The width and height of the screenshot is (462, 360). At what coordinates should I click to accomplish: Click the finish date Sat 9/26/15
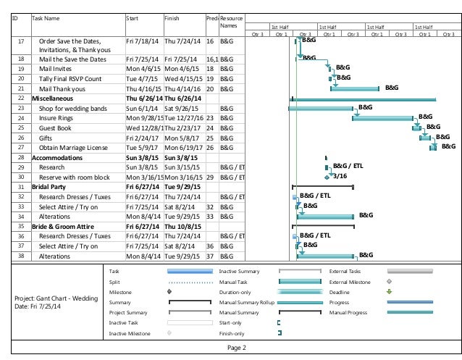(x=180, y=106)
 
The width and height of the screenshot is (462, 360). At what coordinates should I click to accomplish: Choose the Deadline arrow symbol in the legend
(x=389, y=292)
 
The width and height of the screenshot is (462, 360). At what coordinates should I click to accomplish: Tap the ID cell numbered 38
(x=21, y=255)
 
